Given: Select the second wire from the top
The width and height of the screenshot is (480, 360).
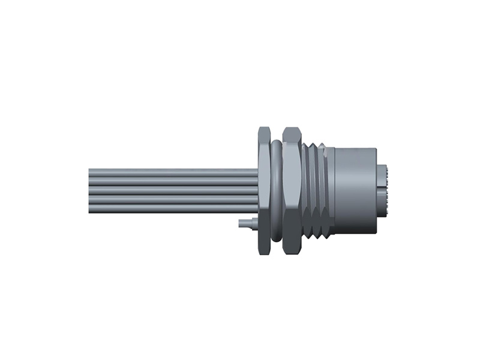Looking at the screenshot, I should pos(174,182).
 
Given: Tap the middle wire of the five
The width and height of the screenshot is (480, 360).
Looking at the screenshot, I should pos(174,191).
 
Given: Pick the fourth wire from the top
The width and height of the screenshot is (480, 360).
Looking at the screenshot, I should pos(174,200).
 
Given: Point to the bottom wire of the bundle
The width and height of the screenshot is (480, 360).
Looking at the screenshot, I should pos(174,208).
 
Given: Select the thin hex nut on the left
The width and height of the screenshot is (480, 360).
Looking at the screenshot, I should pos(265,191).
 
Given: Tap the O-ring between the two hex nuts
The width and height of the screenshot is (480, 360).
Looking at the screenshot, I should pos(277,191).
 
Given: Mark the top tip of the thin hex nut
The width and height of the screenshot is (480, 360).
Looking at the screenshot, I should pos(265,128).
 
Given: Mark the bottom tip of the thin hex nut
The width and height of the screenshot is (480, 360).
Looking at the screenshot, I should pos(265,253).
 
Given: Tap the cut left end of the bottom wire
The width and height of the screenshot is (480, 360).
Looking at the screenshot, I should pos(90,208).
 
